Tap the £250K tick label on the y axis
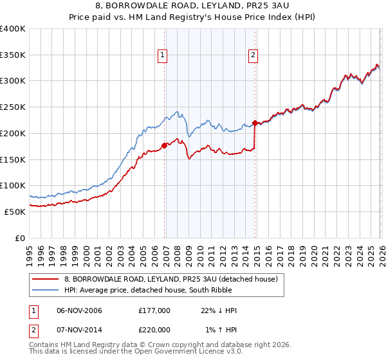13,107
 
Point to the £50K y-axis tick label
15,212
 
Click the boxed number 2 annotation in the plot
253,56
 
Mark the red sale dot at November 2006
164,145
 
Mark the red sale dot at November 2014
255,123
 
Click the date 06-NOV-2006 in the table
79,310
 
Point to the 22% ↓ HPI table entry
218,310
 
